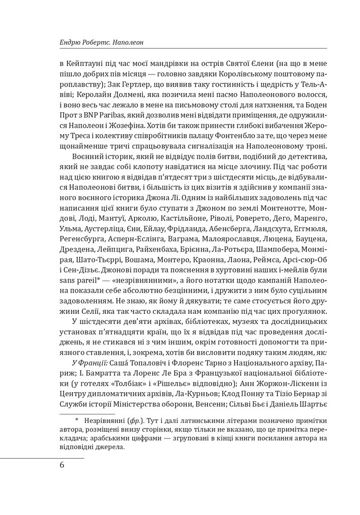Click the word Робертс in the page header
(x=96, y=43)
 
